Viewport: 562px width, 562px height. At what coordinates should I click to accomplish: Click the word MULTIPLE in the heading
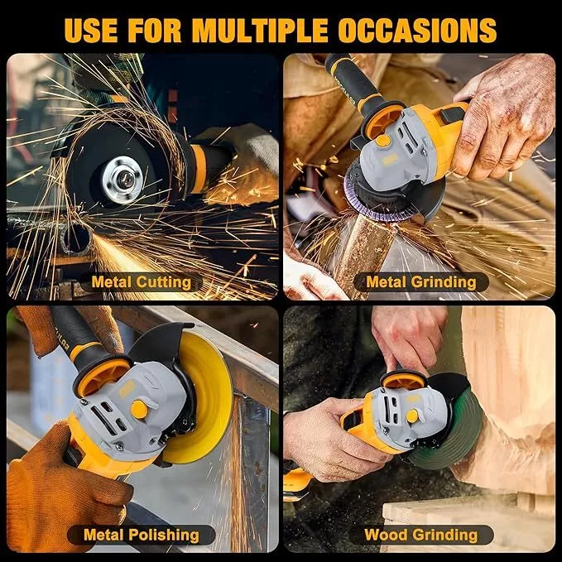[x=260, y=31]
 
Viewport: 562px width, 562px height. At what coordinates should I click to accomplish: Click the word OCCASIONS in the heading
[x=417, y=31]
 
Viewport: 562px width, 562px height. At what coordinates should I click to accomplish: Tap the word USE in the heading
[x=91, y=31]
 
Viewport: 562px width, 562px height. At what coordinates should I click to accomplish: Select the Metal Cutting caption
[x=142, y=282]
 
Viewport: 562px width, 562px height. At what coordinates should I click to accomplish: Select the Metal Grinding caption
[x=421, y=282]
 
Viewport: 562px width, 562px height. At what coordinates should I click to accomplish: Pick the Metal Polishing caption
[x=142, y=535]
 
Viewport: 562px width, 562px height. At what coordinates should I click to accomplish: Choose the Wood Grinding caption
[x=420, y=535]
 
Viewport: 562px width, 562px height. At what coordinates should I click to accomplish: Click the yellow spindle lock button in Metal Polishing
[x=139, y=410]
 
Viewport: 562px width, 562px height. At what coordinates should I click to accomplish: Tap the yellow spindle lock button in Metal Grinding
[x=382, y=141]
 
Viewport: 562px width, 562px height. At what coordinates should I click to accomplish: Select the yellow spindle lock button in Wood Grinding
[x=412, y=416]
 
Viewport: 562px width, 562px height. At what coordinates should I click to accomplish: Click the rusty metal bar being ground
[x=362, y=254]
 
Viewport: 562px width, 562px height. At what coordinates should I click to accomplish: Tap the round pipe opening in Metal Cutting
[x=76, y=238]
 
